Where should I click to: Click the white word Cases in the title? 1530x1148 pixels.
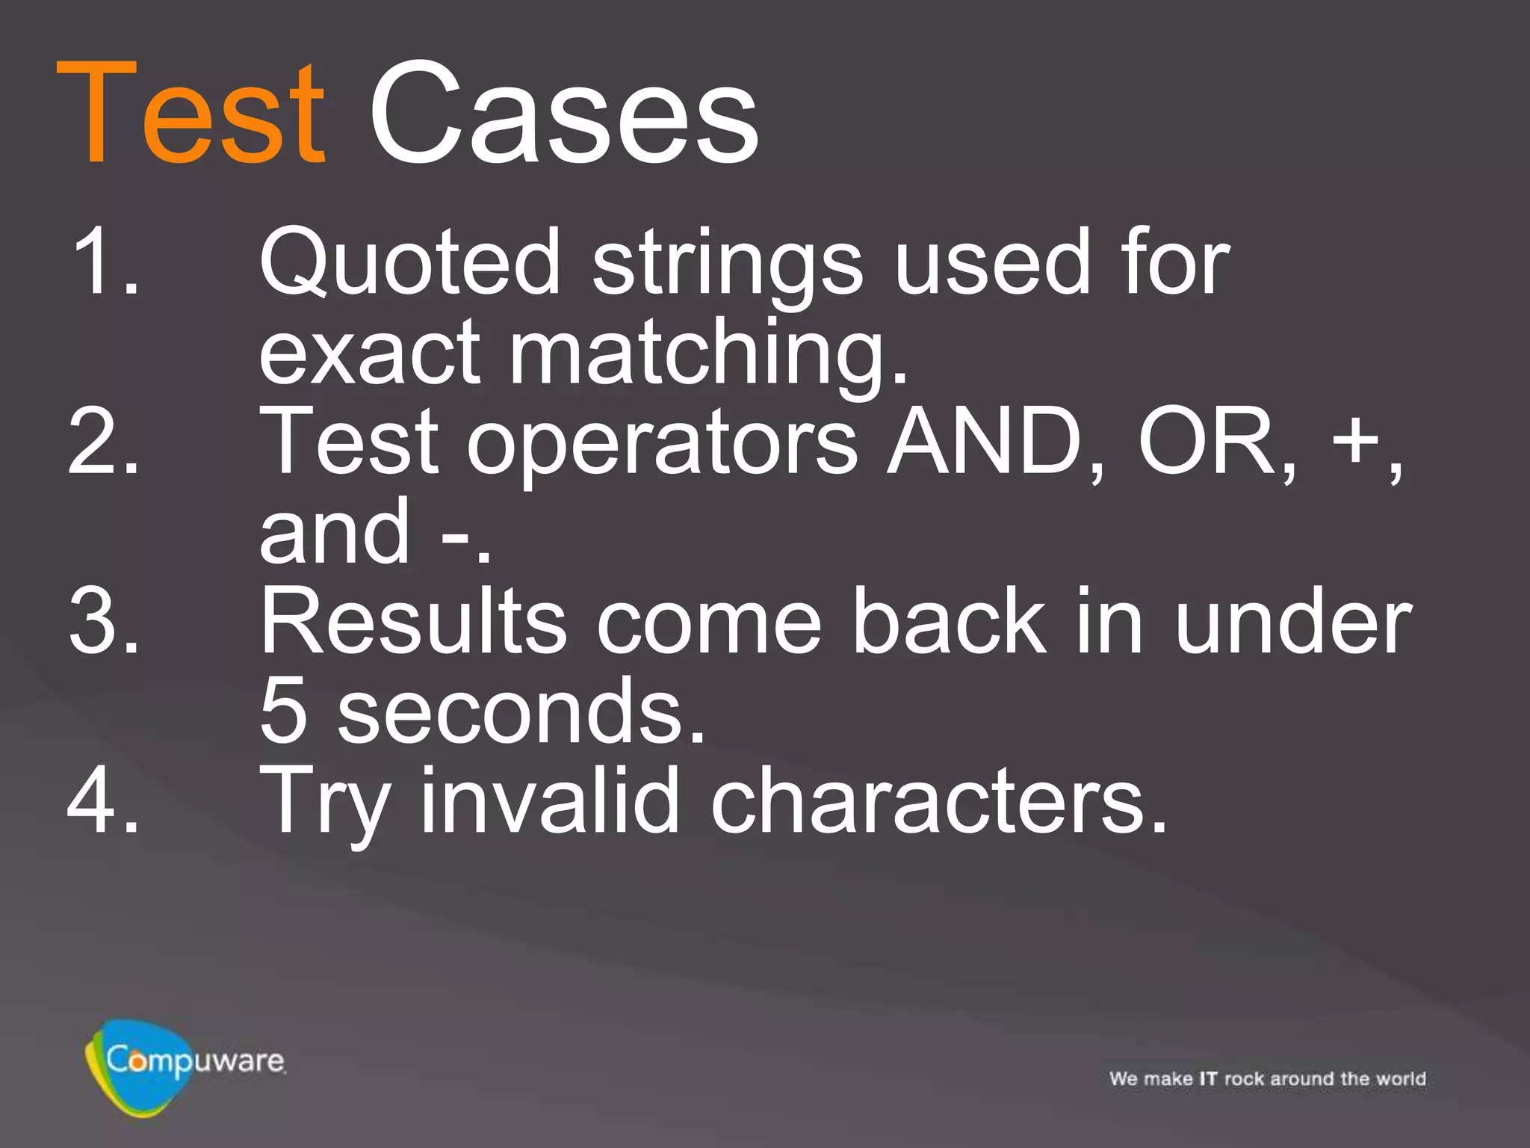(564, 114)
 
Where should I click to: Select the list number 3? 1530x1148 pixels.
(105, 620)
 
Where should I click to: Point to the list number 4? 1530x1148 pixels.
(105, 800)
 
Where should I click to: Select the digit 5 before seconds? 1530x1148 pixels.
(283, 710)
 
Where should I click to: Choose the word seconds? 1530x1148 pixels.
(521, 710)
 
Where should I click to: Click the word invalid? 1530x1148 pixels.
(550, 800)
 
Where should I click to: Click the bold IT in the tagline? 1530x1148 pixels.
(1208, 1078)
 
